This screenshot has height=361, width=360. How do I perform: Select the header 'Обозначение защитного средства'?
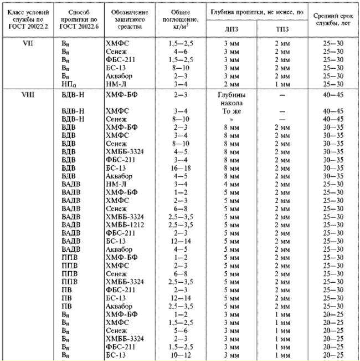(x=126, y=19)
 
